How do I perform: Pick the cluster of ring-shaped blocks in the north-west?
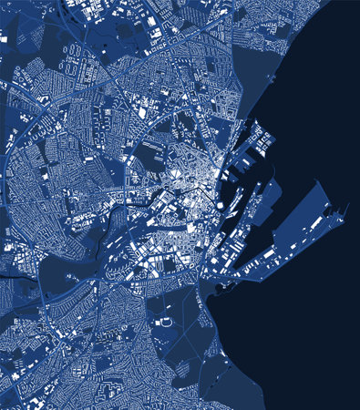[46, 91]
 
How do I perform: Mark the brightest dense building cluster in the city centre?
[205, 178]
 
